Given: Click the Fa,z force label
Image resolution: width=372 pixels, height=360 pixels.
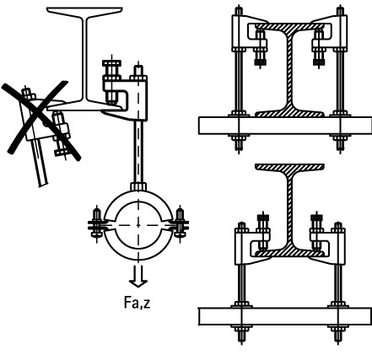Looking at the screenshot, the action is [x=137, y=304].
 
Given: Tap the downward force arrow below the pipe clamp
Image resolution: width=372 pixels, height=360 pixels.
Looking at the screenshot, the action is [x=138, y=277].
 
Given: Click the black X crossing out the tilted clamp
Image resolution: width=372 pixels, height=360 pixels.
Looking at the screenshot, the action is [x=41, y=121].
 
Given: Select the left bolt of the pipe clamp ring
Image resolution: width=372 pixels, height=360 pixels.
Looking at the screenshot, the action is [x=97, y=224].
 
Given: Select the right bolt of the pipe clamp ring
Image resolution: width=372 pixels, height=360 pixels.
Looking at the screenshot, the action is [x=180, y=224].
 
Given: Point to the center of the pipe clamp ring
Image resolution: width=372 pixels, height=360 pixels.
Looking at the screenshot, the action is [x=138, y=225].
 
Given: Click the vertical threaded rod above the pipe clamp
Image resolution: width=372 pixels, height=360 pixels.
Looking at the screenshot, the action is [x=138, y=152].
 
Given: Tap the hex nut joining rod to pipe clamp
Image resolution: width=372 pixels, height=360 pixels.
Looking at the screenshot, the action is [x=138, y=186].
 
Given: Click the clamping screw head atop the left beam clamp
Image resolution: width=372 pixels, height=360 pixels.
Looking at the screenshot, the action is [x=112, y=63].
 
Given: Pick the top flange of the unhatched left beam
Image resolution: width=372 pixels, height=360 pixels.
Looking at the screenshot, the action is [x=84, y=11].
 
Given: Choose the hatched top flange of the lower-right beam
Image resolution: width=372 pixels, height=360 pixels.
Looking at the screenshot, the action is [x=289, y=167].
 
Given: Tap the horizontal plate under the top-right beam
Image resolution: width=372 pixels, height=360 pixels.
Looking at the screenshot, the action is [x=285, y=126].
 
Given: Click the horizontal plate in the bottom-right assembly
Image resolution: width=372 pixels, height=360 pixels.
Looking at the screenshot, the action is [x=285, y=316].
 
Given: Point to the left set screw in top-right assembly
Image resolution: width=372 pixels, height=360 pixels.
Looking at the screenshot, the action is [x=261, y=47].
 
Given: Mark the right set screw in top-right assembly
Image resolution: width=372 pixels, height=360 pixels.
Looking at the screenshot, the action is [x=319, y=47].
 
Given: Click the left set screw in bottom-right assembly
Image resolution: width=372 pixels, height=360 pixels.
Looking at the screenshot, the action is [x=263, y=232].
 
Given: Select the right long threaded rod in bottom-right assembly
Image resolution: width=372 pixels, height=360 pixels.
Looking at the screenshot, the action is [x=338, y=283].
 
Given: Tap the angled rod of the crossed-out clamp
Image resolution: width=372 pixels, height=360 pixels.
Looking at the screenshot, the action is [x=40, y=162].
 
